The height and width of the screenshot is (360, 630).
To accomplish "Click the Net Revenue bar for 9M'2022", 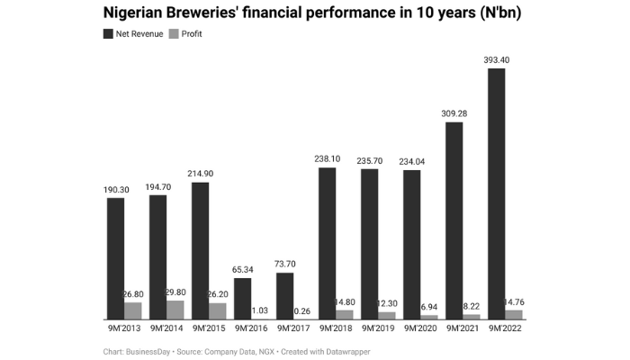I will pyautogui.click(x=496, y=193).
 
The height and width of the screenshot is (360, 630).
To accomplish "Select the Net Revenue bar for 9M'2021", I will pyautogui.click(x=454, y=220).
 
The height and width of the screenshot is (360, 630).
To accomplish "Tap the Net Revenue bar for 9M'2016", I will pyautogui.click(x=242, y=298).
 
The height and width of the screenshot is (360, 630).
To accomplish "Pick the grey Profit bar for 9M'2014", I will pyautogui.click(x=175, y=310).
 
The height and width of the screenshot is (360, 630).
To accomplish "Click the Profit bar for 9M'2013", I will pyautogui.click(x=132, y=310).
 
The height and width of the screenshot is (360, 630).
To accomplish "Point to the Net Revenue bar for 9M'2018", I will pyautogui.click(x=327, y=243).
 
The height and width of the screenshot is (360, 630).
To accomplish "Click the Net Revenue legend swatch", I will pyautogui.click(x=108, y=33).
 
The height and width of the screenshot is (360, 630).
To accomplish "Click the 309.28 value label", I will pyautogui.click(x=454, y=113).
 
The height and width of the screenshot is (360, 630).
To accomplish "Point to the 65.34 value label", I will pyautogui.click(x=242, y=269).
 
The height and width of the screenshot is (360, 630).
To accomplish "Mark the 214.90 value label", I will pyautogui.click(x=200, y=174).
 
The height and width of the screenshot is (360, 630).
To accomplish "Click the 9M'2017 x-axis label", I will pyautogui.click(x=293, y=328).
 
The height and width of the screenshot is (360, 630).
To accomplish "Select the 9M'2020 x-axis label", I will pyautogui.click(x=420, y=328).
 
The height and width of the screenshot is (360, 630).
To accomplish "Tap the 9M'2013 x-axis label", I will pyautogui.click(x=123, y=328).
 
